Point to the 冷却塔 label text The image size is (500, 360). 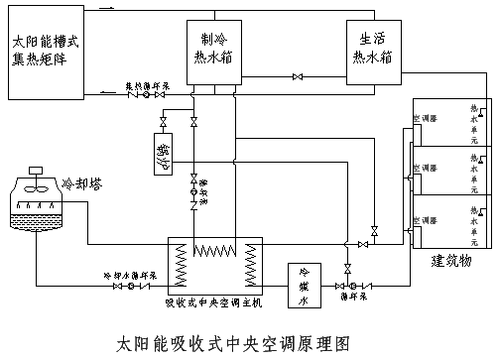click(83, 183)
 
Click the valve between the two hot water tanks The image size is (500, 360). click(296, 76)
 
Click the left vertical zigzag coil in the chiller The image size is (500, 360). click(181, 267)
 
